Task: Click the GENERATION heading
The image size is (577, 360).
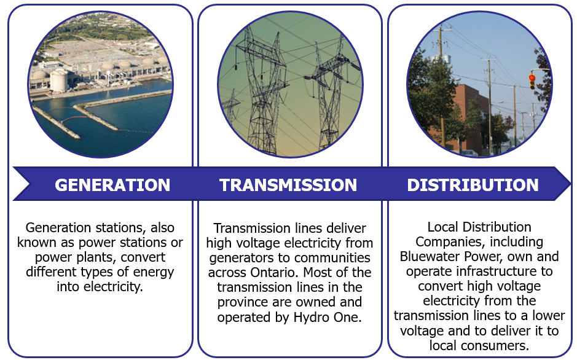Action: click(x=112, y=184)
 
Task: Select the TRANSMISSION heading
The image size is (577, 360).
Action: click(x=288, y=184)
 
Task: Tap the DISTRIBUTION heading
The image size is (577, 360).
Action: click(x=473, y=184)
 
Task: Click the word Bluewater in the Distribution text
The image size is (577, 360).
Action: click(x=430, y=256)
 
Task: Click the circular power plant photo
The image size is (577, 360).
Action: click(x=100, y=84)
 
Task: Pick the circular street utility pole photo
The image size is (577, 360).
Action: click(x=479, y=84)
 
